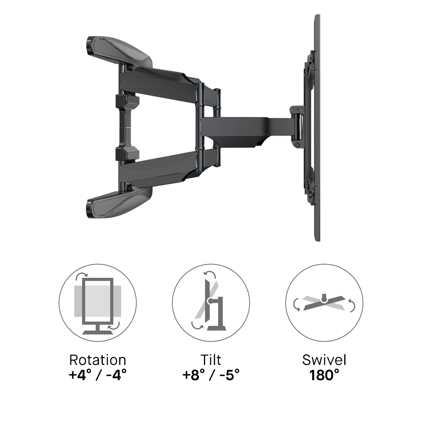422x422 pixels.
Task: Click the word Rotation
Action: [x=98, y=360]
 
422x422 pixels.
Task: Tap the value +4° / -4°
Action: [x=98, y=375]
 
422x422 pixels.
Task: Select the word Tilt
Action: [x=211, y=360]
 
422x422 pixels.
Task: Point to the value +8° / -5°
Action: [x=211, y=375]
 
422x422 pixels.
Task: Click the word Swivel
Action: [x=324, y=360]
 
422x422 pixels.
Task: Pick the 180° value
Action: [x=324, y=375]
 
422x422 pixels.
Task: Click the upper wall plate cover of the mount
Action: [x=120, y=51]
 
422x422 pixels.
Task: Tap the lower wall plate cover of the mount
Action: [x=120, y=202]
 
